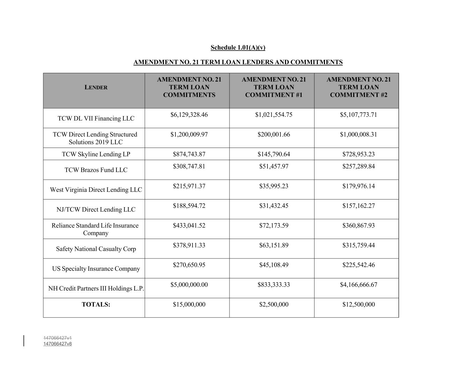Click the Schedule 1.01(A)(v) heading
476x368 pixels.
[x=238, y=47]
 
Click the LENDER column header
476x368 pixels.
[x=96, y=88]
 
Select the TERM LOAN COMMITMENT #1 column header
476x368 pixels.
[x=274, y=87]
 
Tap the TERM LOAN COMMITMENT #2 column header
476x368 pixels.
[x=358, y=87]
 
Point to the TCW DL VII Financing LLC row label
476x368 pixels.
[x=96, y=119]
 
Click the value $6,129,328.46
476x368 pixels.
[x=189, y=115]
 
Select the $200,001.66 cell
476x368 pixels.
[x=274, y=135]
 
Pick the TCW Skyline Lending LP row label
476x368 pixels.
[x=96, y=154]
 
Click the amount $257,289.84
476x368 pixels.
[x=358, y=166]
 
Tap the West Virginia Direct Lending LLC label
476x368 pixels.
[x=96, y=190]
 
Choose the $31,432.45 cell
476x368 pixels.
[x=274, y=206]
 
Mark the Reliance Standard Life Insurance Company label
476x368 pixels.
[x=95, y=229]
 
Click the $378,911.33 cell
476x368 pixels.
[x=189, y=245]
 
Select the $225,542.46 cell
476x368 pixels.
[x=358, y=265]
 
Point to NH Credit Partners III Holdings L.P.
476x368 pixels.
[x=96, y=288]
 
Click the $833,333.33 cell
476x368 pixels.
[x=274, y=285]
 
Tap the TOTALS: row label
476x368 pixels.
[x=96, y=305]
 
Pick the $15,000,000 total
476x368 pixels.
[x=189, y=305]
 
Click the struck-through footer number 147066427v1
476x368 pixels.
[x=58, y=338]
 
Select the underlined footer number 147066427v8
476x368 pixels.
[x=58, y=344]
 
